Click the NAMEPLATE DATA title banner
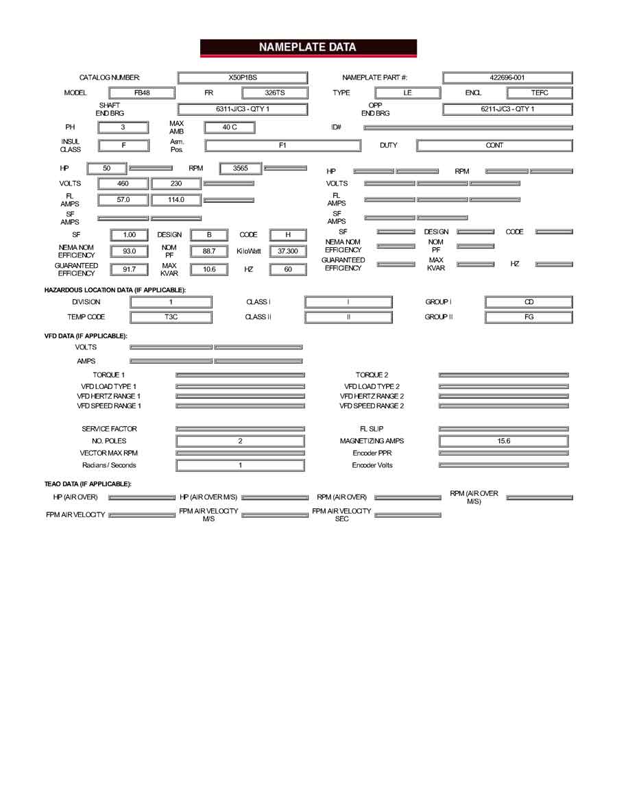pos(308,47)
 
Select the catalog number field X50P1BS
pos(243,78)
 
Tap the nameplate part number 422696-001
pos(507,78)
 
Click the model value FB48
pos(142,93)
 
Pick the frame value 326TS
pos(274,93)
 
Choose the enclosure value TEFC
pos(540,93)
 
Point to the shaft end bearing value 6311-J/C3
pos(243,109)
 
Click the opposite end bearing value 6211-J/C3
pos(507,109)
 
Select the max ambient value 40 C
pos(230,127)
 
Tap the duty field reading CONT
pos(494,145)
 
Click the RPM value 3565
pos(241,168)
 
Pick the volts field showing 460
pos(123,184)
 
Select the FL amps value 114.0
pos(176,200)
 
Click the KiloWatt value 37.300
pos(288,251)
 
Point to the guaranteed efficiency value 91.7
pos(130,269)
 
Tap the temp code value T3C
pos(171,317)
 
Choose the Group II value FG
pos(529,317)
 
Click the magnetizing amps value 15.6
pos(504,442)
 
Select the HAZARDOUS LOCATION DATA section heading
pos(114,290)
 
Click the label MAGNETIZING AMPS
pos(372,442)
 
